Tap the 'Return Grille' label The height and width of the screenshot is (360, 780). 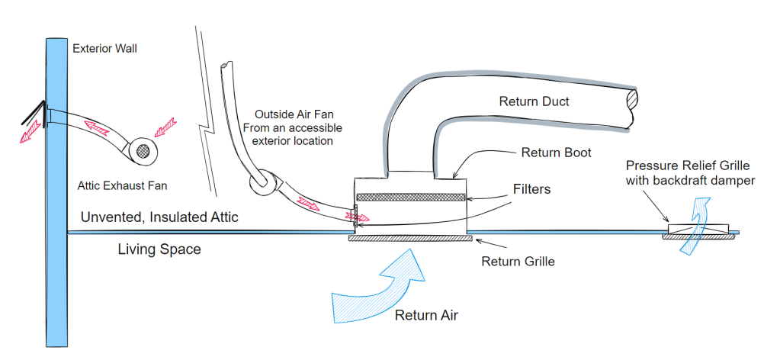[518, 262]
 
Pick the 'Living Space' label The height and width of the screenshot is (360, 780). [159, 249]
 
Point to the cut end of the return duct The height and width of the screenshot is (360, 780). [630, 100]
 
